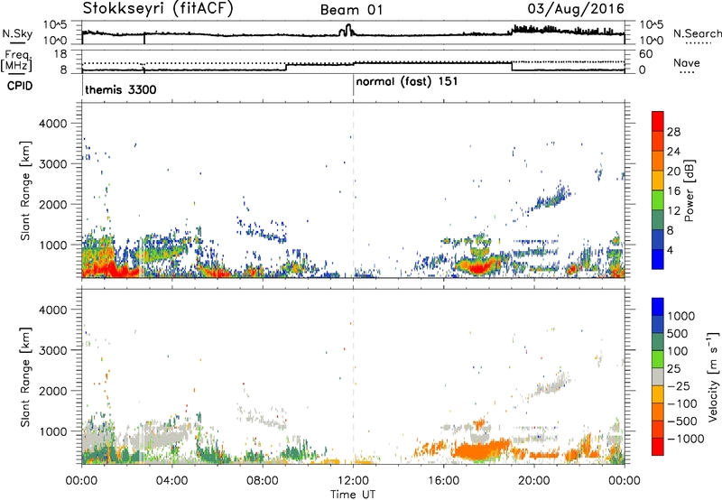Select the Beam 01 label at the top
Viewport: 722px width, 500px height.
click(351, 10)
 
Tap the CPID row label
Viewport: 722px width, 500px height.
click(20, 86)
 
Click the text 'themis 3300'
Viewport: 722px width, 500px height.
click(121, 89)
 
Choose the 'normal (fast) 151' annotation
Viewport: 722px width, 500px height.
click(407, 81)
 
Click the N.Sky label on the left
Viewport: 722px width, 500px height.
click(17, 33)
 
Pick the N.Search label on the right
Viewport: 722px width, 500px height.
click(697, 33)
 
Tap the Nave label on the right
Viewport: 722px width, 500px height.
click(687, 62)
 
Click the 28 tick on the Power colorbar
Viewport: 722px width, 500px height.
click(673, 132)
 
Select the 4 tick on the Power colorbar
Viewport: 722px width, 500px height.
click(670, 250)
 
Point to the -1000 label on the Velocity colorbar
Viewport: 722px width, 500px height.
click(685, 439)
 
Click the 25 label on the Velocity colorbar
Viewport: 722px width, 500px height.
click(673, 369)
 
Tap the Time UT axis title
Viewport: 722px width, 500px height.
click(353, 495)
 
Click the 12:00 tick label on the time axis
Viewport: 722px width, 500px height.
click(353, 481)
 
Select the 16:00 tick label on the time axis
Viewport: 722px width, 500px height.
click(443, 481)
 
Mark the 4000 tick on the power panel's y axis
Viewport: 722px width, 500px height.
click(53, 124)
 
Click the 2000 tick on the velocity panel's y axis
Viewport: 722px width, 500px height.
click(53, 391)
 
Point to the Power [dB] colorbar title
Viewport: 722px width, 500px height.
click(689, 190)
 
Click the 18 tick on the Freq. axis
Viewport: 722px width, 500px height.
click(60, 54)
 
